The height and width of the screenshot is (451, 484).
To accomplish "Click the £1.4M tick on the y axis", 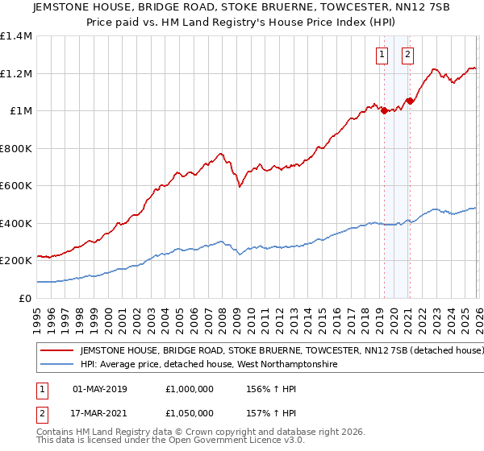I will coord(16,36).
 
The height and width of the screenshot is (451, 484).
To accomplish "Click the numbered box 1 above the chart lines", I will coord(381,55).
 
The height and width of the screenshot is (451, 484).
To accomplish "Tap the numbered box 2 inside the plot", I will coord(407,55).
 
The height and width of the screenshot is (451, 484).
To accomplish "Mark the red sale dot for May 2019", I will coord(384,111).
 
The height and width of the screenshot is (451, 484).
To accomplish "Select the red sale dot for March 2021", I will coord(410,101).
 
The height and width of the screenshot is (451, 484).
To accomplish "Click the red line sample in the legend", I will coord(56,351).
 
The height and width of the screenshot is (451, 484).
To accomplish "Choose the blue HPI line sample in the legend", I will coord(56,365).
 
